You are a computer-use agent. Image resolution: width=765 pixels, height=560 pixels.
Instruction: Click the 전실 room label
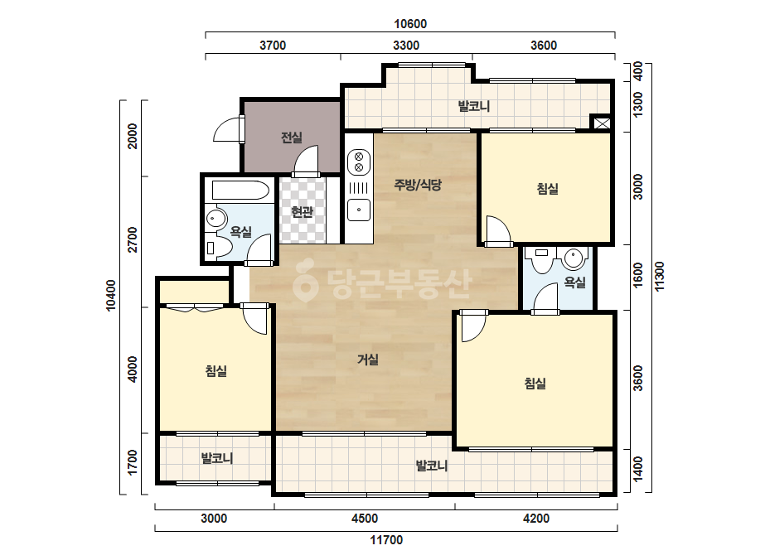(292, 138)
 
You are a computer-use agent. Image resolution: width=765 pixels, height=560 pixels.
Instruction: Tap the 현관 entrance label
(302, 212)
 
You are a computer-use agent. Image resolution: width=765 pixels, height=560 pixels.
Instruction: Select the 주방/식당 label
(418, 185)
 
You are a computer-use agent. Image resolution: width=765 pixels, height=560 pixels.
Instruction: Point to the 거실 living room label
(368, 360)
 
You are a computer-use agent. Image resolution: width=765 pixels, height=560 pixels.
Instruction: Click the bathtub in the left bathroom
(240, 191)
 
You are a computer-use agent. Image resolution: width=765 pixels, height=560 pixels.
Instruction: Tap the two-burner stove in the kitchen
(359, 162)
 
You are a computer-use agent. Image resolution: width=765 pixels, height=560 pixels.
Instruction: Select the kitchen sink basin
(359, 210)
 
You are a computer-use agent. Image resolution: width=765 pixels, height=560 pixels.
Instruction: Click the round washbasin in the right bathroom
(574, 258)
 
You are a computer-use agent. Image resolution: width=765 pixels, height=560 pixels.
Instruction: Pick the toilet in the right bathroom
(541, 260)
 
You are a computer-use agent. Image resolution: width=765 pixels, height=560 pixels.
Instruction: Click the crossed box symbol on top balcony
(602, 123)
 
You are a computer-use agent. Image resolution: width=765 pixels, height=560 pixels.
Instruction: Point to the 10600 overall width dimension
(410, 24)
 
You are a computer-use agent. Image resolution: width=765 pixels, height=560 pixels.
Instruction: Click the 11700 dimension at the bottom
(386, 540)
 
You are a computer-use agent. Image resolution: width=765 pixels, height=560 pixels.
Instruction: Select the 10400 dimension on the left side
(111, 295)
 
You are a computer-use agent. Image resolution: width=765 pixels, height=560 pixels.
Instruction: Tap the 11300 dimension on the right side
(659, 277)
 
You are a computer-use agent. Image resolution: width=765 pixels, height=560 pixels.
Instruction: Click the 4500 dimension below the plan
(365, 518)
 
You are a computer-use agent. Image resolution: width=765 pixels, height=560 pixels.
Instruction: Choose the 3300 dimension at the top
(406, 46)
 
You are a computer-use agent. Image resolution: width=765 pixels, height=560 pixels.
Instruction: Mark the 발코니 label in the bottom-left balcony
(217, 459)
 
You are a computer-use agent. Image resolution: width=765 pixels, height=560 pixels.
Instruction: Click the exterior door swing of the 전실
(227, 130)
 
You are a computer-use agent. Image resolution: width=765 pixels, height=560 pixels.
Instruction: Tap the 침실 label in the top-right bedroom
(547, 189)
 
